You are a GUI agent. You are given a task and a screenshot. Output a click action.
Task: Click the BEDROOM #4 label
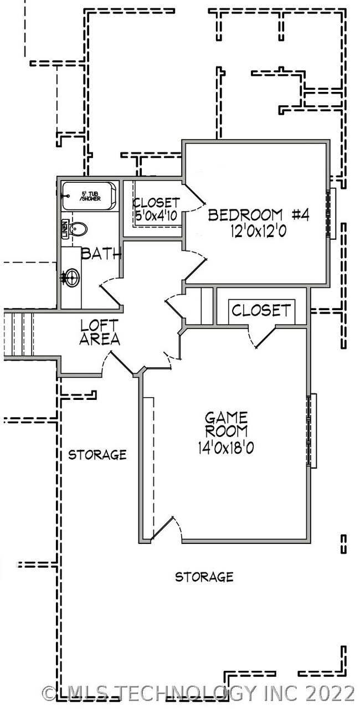258,215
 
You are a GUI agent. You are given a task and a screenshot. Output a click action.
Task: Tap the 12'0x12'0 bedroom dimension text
258,232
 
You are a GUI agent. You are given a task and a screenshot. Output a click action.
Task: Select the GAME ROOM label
226,424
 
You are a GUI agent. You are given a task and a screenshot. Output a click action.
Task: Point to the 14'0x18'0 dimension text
226,448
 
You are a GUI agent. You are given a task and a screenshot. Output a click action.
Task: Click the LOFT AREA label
100,332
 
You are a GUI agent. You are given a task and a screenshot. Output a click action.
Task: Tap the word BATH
101,254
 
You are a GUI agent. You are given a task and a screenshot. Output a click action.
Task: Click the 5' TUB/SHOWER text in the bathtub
90,196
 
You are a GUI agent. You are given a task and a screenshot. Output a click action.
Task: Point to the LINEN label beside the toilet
65,228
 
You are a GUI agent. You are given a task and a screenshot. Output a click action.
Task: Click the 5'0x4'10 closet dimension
156,215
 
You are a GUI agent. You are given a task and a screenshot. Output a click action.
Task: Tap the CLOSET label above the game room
260,310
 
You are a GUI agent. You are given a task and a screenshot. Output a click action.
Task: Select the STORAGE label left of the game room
97,455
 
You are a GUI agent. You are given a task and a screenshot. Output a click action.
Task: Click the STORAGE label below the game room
204,577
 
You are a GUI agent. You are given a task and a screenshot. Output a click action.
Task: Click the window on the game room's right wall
312,430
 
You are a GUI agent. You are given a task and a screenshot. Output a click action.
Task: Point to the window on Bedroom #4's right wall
332,214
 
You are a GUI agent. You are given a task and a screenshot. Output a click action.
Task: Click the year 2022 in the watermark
332,693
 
